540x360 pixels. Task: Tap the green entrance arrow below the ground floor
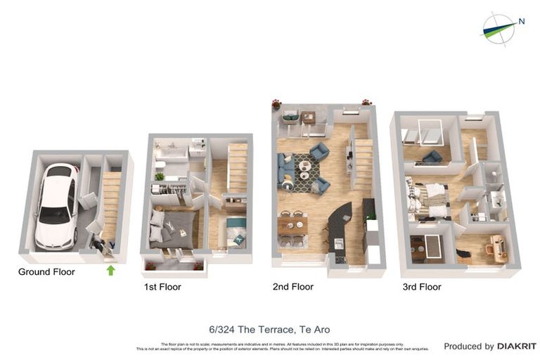coord(110,270)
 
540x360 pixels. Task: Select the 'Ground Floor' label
coord(46,271)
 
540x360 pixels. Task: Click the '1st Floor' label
coord(162,287)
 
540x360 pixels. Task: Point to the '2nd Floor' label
coord(293,287)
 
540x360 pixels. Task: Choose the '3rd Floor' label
coord(422,287)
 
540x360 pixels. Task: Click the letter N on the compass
coord(521,21)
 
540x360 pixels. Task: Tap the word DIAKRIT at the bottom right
coord(517,346)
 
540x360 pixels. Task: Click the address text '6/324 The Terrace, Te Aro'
coord(269,329)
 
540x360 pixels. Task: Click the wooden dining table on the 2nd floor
coord(292,226)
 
